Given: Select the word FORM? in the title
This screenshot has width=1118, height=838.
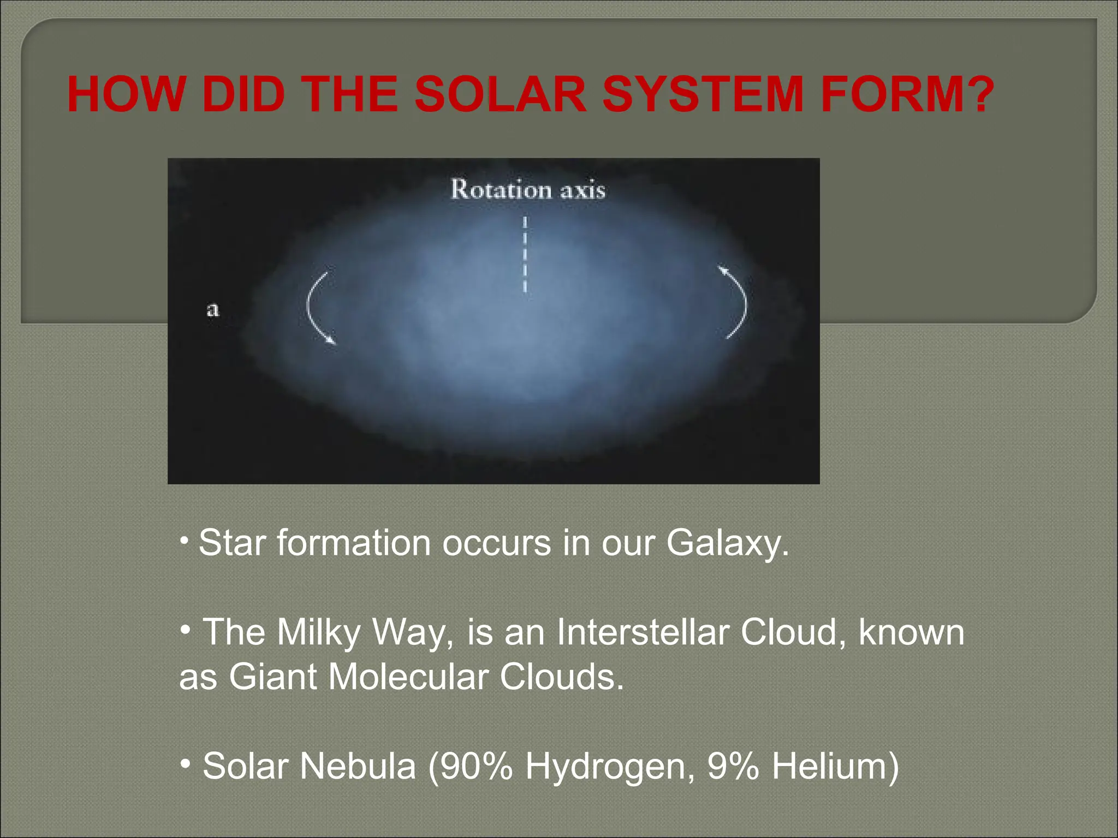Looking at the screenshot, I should click(x=906, y=95).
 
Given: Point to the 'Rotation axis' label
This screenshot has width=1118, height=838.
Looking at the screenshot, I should click(x=528, y=190).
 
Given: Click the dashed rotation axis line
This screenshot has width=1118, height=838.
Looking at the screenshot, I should click(x=525, y=254).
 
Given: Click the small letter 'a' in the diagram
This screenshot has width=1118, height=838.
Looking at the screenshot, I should click(x=213, y=310).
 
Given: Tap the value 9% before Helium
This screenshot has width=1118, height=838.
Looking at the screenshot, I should click(x=733, y=767).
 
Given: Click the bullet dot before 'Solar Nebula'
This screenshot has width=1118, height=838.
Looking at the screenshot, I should click(x=186, y=762).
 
